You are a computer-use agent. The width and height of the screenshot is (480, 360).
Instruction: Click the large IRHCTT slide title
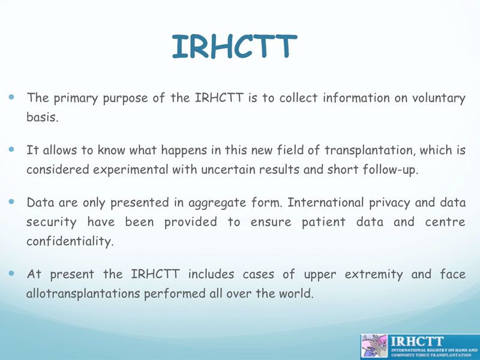tap(234, 46)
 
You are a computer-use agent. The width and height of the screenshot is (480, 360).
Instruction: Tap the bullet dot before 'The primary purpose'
tap(11, 97)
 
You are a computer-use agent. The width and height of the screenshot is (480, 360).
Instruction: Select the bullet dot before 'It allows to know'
tap(11, 149)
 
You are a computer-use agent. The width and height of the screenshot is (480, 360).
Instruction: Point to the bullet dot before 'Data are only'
tap(11, 202)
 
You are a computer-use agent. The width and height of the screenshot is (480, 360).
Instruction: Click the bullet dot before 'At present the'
tap(11, 273)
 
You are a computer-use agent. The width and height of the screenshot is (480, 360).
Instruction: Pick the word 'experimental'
tap(131, 170)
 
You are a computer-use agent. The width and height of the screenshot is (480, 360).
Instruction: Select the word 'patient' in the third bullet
tap(323, 222)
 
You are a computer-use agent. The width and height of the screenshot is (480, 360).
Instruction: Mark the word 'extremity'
tap(374, 275)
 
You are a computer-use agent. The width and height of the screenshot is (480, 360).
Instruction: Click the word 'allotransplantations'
tap(83, 293)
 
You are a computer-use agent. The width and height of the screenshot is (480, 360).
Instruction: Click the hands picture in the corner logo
tap(374, 346)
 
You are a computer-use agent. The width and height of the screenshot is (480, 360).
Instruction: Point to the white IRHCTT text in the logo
tap(418, 341)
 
